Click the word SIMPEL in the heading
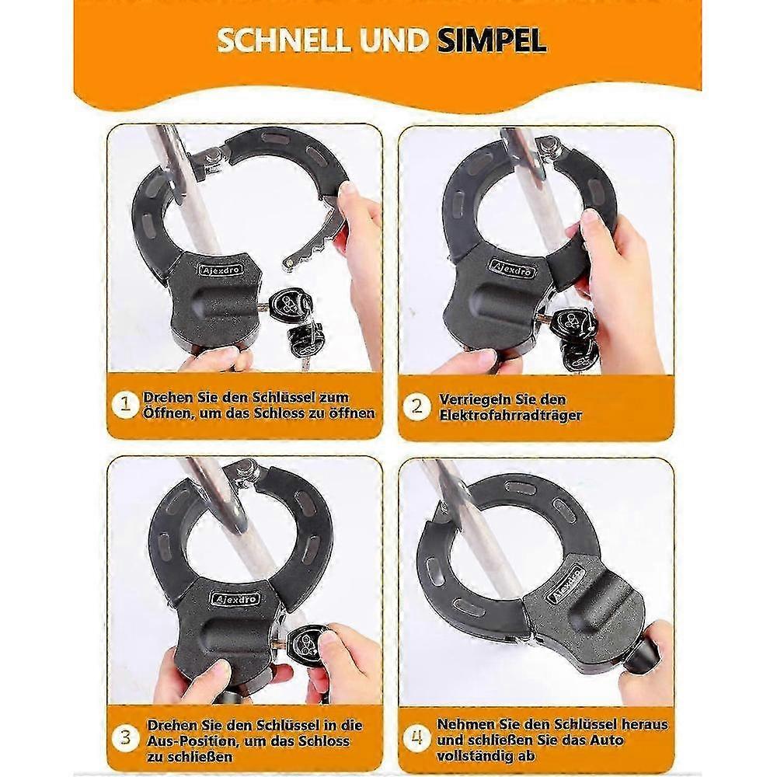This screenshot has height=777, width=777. pos(492,40)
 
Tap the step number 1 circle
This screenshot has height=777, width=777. pos(125,405)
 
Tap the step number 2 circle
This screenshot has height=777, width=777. pos(416,407)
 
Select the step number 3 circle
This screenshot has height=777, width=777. pos(125,738)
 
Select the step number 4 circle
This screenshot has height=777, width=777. pos(416,738)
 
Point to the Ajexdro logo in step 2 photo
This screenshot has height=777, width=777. pos(512,267)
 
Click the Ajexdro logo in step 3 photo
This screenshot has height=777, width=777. pos(235,598)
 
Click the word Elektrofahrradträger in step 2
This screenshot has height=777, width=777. pos(510,415)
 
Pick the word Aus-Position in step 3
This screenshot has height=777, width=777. pos(193,741)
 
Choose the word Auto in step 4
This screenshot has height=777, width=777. pos(607,740)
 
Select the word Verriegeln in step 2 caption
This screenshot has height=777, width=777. pos(472,399)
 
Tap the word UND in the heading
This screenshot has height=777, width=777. pos(395,40)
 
